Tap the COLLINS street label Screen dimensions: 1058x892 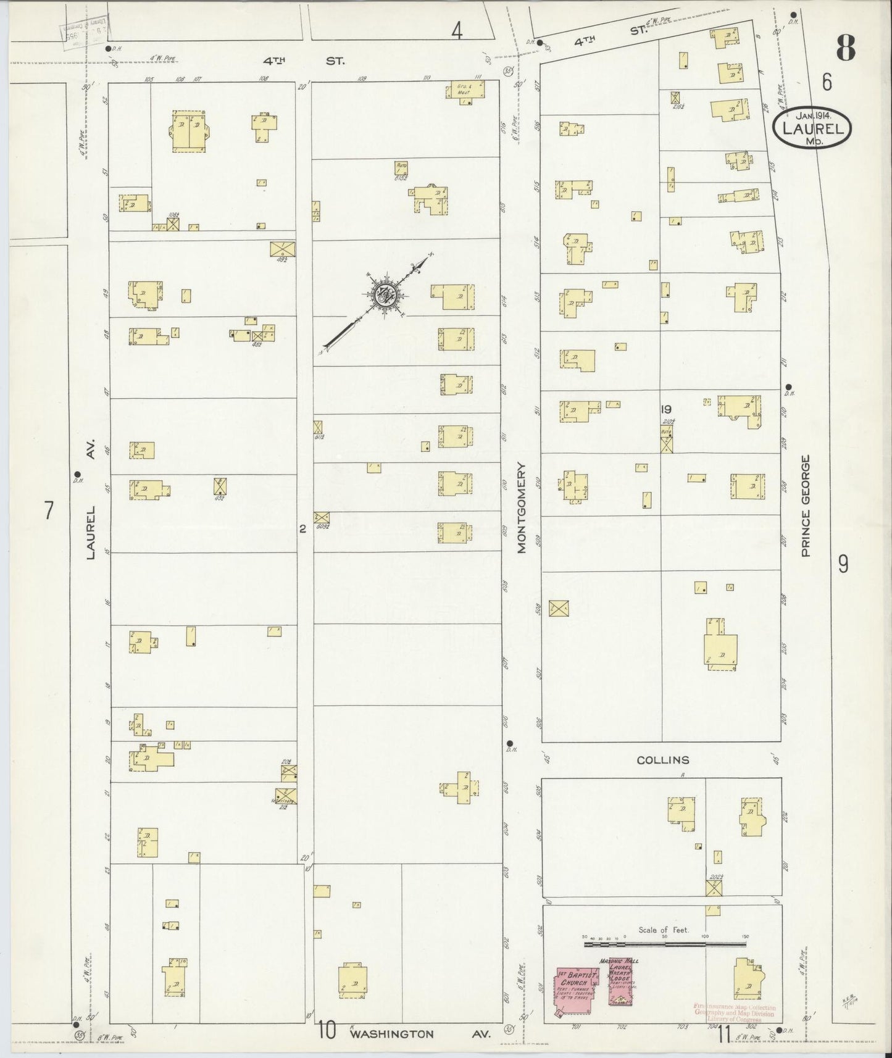point(663,760)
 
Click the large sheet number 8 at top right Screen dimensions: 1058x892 point(845,48)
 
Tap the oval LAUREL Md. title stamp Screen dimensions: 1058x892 point(812,128)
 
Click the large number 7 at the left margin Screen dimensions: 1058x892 point(49,511)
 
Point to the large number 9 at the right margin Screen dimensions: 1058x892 point(843,564)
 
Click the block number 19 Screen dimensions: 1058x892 point(665,409)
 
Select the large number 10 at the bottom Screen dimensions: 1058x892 point(327,1030)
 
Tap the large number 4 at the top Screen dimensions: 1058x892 point(456,31)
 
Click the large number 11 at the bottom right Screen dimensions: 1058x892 point(725,1034)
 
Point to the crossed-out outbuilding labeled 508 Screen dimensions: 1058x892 point(558,607)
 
